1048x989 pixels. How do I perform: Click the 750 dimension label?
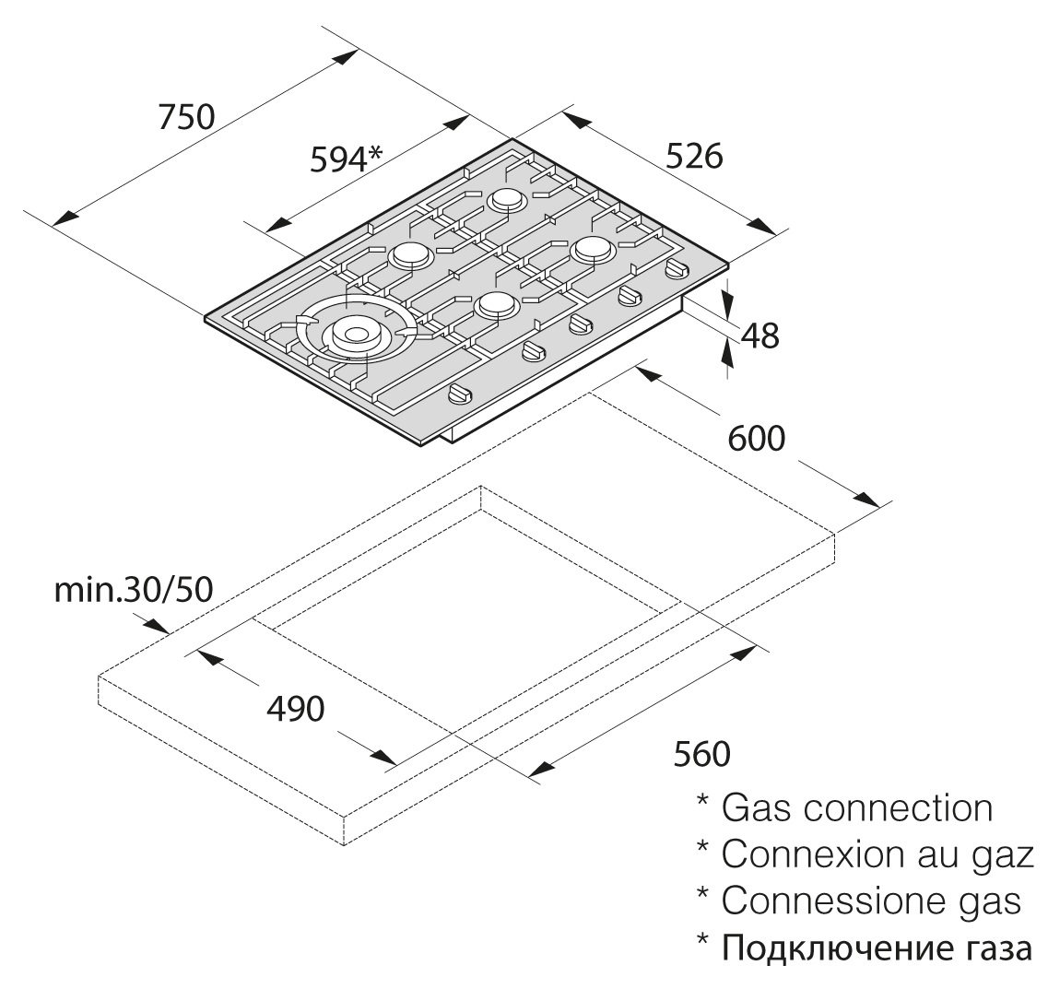(x=186, y=116)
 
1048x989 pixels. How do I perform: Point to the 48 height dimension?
(x=760, y=336)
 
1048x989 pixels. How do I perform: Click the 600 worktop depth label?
(x=756, y=438)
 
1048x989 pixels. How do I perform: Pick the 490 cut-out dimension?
(x=295, y=709)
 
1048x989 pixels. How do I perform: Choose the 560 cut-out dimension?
(x=701, y=754)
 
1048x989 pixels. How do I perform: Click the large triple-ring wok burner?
(x=355, y=333)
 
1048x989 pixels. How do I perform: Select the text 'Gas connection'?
(x=857, y=808)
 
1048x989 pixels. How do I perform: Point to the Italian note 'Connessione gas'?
(x=871, y=901)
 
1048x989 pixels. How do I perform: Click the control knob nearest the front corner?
(x=459, y=394)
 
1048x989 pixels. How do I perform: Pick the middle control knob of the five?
(x=580, y=323)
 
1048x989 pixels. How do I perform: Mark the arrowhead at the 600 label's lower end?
(x=865, y=499)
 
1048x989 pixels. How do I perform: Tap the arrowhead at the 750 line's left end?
(x=65, y=218)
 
